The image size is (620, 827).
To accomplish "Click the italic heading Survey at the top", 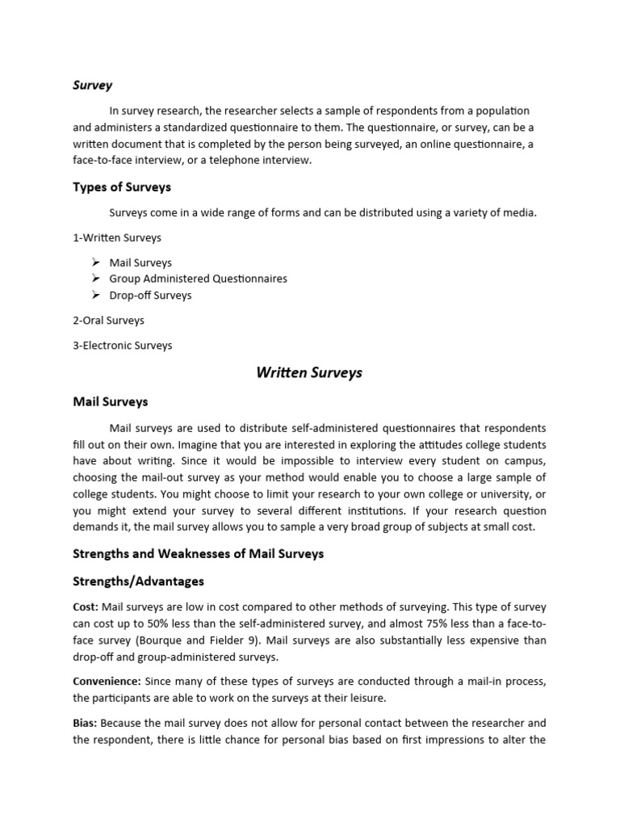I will coord(93,85).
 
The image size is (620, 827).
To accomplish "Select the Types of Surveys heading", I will coord(122,187).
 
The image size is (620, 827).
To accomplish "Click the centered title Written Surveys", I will coord(309,372).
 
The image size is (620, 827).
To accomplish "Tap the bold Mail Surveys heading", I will coord(111,401).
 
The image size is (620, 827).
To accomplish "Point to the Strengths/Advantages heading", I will coord(138,581).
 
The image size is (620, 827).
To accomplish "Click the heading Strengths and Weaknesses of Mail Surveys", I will coord(198,553).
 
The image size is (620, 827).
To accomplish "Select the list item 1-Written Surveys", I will coord(117,237).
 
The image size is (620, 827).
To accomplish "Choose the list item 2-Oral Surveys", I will coord(108,320).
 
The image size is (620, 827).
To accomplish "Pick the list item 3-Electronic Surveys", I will coord(123,345).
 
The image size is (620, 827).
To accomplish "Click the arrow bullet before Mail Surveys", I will coord(95,262).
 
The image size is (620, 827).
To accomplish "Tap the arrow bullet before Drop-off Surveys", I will coord(95,295).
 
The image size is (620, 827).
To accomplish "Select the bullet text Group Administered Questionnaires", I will coord(198,279).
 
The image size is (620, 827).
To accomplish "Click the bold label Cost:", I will coord(86,607).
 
